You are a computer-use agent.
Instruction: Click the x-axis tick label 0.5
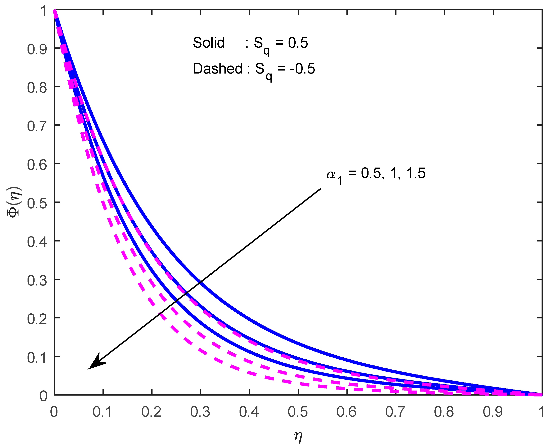coord(298,412)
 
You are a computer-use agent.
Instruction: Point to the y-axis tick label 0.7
coord(37,126)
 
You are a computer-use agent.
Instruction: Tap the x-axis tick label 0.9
coord(493,412)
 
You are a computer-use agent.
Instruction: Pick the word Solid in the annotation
coord(209,43)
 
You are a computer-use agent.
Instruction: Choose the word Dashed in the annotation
coord(218,69)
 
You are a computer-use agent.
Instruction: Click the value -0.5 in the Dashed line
coord(302,69)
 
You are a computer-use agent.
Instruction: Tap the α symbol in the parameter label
coord(331,174)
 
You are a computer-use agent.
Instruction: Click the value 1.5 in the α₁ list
coord(416,173)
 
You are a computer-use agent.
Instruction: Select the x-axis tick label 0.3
coord(200,412)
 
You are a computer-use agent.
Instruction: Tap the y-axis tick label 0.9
coord(37,49)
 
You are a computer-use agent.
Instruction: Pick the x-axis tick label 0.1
coord(102,412)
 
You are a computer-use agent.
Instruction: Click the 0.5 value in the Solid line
coord(298,43)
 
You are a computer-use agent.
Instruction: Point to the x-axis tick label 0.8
coord(444,412)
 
